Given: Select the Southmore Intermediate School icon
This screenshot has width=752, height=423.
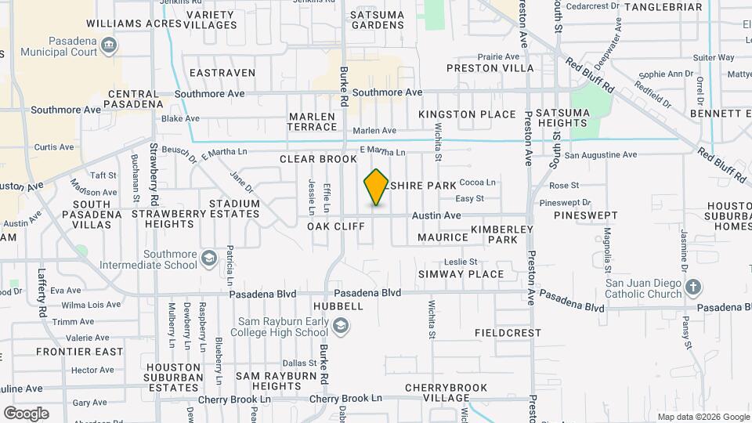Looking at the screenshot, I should tap(208, 258).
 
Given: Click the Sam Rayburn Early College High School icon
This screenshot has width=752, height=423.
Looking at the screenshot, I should tap(340, 325).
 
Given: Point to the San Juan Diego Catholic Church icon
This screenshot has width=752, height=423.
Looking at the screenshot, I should tap(692, 287).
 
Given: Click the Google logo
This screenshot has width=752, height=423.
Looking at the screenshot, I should tap(26, 413).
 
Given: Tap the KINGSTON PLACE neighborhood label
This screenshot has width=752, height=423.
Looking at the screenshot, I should tap(467, 114).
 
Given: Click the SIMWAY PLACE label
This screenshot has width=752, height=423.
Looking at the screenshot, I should tap(461, 274).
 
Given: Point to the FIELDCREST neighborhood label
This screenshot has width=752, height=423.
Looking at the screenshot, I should tap(508, 333).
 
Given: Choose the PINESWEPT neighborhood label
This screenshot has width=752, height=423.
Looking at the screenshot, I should tap(586, 215).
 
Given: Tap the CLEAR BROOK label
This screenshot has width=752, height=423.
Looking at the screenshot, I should tap(318, 159).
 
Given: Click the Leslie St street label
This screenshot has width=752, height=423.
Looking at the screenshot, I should tap(461, 262).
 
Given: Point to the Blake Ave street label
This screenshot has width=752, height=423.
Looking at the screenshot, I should tap(180, 119).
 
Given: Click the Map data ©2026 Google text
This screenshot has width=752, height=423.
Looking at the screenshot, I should tap(703, 417).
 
